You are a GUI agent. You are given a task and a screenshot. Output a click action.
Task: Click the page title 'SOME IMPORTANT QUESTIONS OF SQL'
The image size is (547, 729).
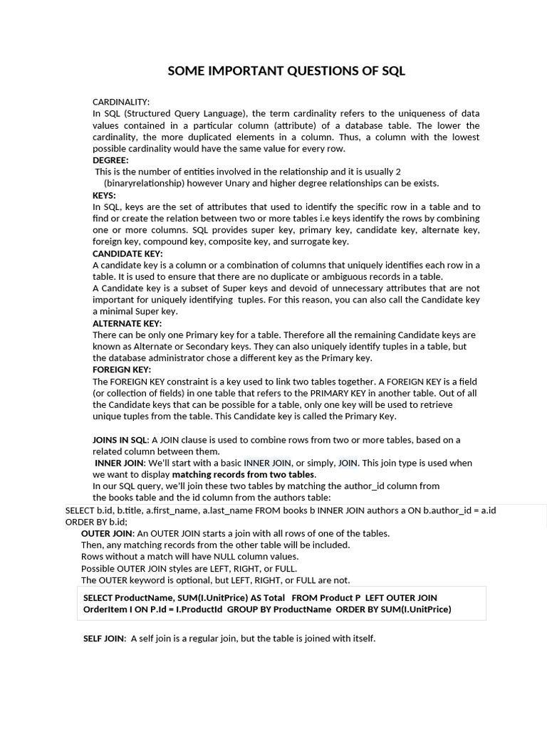click(x=286, y=70)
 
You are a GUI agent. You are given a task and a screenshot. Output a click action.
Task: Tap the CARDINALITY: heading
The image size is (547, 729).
click(x=121, y=102)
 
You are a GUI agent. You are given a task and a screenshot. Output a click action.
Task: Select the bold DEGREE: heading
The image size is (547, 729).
click(x=110, y=160)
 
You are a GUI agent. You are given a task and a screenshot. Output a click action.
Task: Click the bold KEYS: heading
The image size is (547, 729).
click(x=104, y=195)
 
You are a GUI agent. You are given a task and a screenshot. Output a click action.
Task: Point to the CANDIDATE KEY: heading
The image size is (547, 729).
click(x=127, y=253)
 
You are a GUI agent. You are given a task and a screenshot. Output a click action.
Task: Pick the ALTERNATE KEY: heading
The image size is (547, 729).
click(x=127, y=323)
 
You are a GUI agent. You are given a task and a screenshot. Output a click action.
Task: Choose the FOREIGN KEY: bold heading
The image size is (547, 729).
click(x=122, y=369)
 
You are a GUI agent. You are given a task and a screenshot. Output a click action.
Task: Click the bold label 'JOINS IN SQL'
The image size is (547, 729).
click(x=120, y=440)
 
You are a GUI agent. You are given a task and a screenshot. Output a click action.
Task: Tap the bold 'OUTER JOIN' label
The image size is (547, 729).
click(x=107, y=533)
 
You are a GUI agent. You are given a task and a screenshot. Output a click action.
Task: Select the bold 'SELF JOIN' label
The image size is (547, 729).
click(x=104, y=639)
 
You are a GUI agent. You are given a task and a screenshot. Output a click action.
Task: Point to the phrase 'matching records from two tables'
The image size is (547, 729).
click(x=243, y=474)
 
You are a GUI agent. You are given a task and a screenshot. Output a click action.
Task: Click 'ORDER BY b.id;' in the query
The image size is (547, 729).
click(x=96, y=522)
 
